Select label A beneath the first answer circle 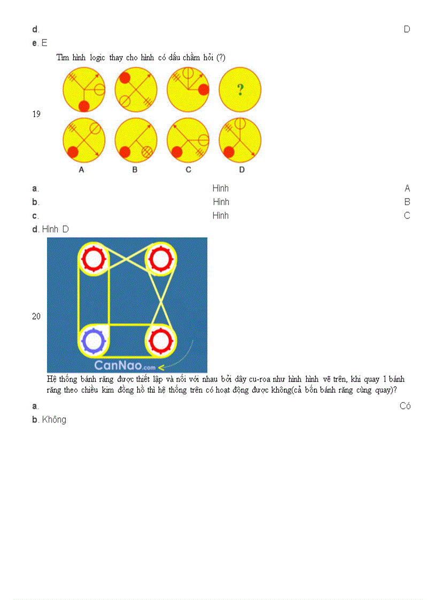tap(82, 170)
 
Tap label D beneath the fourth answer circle tap(242, 170)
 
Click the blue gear tap(94, 340)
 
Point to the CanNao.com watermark tap(125, 366)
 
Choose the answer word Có tap(405, 406)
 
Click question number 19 tap(36, 114)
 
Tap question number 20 tap(36, 316)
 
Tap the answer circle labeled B tap(136, 140)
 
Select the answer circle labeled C tap(188, 140)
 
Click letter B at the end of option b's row tap(407, 202)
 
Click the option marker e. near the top tap(35, 43)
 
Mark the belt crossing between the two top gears tap(127, 258)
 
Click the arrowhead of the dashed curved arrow tap(161, 367)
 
